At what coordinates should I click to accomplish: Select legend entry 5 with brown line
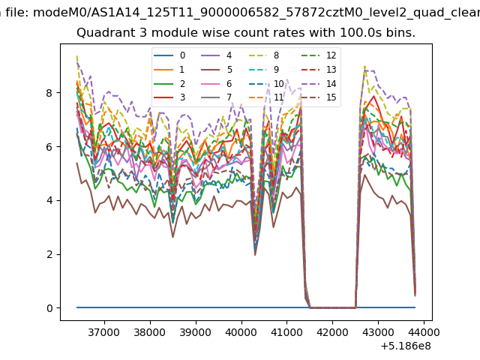click(217, 70)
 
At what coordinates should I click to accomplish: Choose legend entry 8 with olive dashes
click(263, 55)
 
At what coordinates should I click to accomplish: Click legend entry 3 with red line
click(169, 97)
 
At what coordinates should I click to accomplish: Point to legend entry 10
click(266, 83)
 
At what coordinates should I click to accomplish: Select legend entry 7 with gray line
click(217, 97)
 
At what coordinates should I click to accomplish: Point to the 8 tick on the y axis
click(49, 93)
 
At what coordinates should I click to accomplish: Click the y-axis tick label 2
click(49, 254)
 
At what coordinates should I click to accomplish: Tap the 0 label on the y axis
click(49, 308)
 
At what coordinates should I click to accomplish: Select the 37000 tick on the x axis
click(103, 332)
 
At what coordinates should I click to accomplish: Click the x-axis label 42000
click(332, 332)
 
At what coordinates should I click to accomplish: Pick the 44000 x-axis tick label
click(424, 332)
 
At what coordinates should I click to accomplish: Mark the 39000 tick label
click(195, 332)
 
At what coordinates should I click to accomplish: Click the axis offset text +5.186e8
click(406, 346)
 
